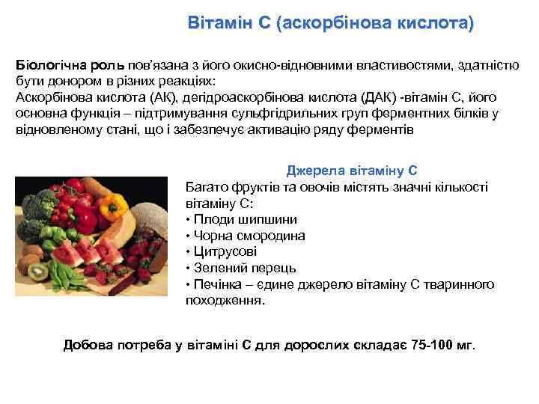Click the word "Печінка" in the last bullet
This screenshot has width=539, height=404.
tap(216, 284)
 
